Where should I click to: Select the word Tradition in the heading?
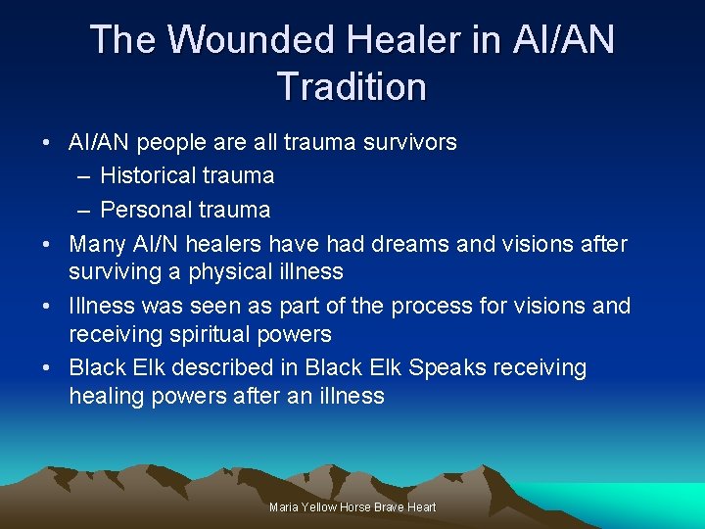352,86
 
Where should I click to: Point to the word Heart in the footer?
421,507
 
